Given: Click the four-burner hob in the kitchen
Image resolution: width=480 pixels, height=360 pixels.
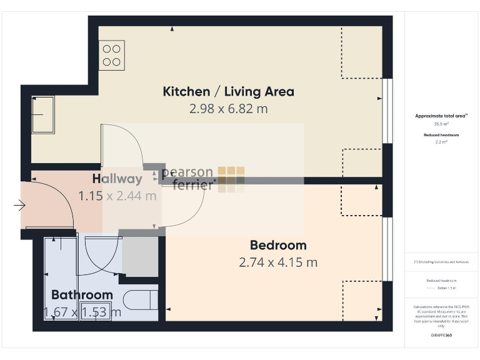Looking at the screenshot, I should [x=111, y=55].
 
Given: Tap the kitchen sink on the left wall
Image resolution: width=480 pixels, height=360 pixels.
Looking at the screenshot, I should [x=43, y=114].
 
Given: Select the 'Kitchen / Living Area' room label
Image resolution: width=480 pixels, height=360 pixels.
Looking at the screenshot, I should [x=228, y=91].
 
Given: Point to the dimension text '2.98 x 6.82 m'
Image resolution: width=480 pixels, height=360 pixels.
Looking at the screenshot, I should [x=228, y=108].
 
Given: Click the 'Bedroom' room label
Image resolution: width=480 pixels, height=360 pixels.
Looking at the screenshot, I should [x=278, y=245].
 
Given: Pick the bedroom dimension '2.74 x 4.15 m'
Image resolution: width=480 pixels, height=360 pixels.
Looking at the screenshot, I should [x=278, y=262].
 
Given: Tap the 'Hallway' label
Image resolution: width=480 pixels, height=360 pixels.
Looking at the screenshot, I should [x=117, y=179].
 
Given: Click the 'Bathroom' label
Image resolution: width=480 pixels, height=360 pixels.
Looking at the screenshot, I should [x=82, y=294].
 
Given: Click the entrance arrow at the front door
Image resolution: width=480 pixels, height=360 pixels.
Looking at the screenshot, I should [x=19, y=204].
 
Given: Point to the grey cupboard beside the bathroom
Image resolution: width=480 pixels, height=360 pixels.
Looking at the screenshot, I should [x=139, y=256].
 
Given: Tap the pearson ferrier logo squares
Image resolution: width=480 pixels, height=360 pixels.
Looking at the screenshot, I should [x=231, y=179].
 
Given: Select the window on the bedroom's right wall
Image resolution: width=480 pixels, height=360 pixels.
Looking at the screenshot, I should [x=387, y=248].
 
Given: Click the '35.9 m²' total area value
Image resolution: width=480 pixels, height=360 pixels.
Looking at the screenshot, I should [x=441, y=124].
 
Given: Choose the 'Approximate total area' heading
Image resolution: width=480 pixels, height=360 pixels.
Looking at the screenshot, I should [x=441, y=116].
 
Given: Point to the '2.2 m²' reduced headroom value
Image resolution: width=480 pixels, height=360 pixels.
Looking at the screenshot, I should [x=441, y=142].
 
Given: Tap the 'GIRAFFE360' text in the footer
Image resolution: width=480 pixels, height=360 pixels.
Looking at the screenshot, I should [x=441, y=336].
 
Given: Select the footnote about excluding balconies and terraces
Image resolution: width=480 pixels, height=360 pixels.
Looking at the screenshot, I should [x=441, y=262].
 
